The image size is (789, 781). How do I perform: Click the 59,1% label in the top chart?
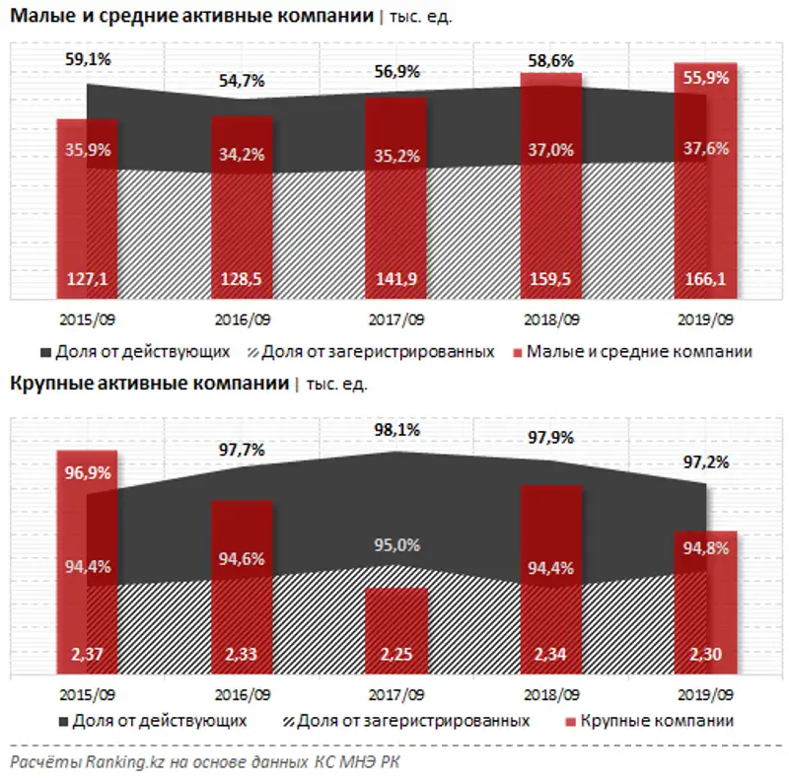(87, 58)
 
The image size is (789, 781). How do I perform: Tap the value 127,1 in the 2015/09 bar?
(87, 279)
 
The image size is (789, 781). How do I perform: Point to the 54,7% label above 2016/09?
(242, 82)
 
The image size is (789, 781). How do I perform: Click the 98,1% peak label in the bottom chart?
(396, 430)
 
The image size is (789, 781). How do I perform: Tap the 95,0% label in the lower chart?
(396, 544)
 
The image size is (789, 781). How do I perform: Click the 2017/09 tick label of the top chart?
(396, 320)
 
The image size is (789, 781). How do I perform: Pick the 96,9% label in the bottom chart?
(87, 472)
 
